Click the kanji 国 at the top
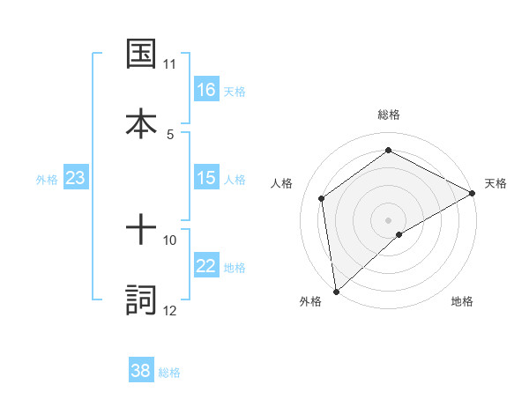tap(142, 53)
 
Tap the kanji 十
tap(142, 231)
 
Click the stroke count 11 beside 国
tap(170, 64)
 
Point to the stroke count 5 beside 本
tap(170, 134)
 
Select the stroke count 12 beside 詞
tap(170, 311)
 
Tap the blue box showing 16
tap(206, 90)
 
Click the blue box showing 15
tap(206, 178)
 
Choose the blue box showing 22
tap(206, 267)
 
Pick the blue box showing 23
tap(76, 178)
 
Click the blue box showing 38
tap(141, 372)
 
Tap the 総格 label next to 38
tap(169, 373)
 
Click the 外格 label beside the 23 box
tap(47, 179)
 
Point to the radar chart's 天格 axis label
tap(495, 183)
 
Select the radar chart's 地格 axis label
tap(462, 301)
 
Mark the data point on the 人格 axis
tap(322, 198)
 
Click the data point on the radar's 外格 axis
tap(336, 291)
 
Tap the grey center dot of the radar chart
tap(388, 219)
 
